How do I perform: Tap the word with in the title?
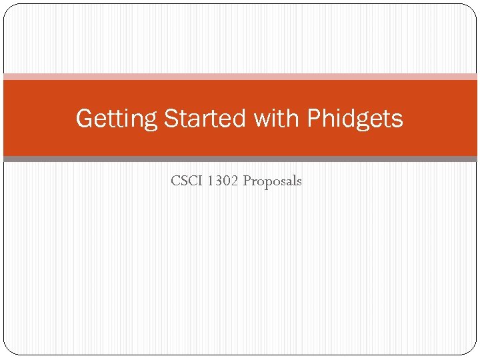point(277,119)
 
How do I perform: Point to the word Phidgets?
point(355,119)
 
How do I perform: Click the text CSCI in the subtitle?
point(187,181)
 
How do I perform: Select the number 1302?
point(223,181)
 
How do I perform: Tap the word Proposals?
point(272,181)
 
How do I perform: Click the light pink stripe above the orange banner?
point(240,77)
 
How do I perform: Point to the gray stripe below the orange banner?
point(240,159)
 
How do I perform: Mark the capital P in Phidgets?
point(313,119)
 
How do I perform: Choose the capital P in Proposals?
point(247,181)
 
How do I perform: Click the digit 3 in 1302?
point(218,181)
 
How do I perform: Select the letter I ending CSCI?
point(199,181)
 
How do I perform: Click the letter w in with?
point(262,119)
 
